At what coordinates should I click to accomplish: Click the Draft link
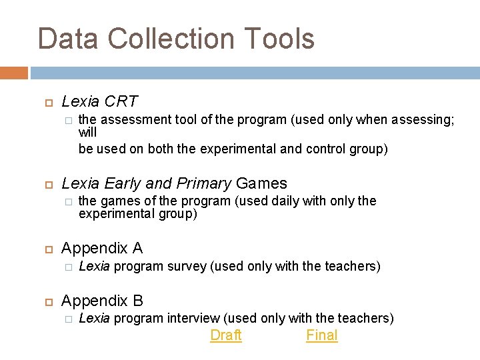[x=226, y=335]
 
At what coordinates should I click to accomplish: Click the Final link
[x=322, y=335]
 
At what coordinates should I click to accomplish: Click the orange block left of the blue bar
[x=14, y=73]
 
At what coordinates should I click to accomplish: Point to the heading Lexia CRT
[x=99, y=102]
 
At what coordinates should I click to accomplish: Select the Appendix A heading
[x=102, y=249]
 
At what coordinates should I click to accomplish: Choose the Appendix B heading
[x=102, y=301]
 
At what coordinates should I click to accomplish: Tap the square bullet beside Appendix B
[x=47, y=301]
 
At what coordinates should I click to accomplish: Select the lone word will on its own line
[x=87, y=133]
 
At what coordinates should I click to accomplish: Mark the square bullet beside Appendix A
[x=47, y=249]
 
